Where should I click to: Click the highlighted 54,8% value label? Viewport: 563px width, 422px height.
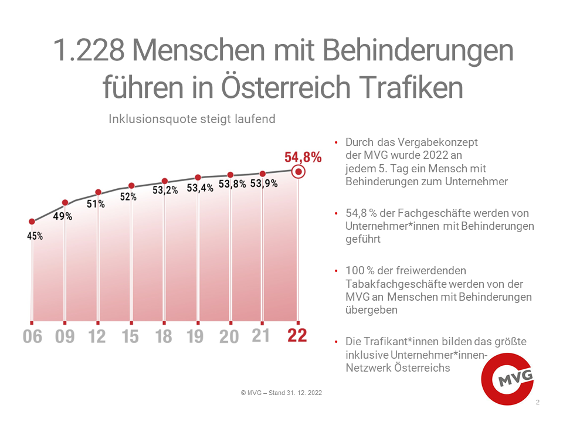[303, 157]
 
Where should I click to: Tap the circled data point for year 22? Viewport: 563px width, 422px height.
[299, 172]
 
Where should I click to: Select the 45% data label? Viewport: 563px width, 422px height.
[35, 237]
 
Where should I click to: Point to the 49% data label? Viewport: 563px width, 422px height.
[63, 216]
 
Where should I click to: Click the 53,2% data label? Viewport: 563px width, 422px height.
[165, 190]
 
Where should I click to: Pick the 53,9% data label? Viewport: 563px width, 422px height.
[264, 183]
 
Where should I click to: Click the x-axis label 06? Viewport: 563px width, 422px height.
[32, 337]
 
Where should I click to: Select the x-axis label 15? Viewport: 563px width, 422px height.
[131, 337]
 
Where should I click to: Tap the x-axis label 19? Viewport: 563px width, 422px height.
[196, 337]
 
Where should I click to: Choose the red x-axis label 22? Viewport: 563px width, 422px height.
[297, 336]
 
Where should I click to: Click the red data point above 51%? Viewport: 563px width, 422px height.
[98, 192]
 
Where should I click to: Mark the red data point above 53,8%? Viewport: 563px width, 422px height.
[230, 175]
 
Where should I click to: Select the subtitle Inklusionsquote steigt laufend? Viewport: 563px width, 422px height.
[192, 119]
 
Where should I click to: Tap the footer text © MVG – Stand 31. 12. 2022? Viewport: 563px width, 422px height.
[281, 393]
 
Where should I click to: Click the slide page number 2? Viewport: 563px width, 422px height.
[538, 403]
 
